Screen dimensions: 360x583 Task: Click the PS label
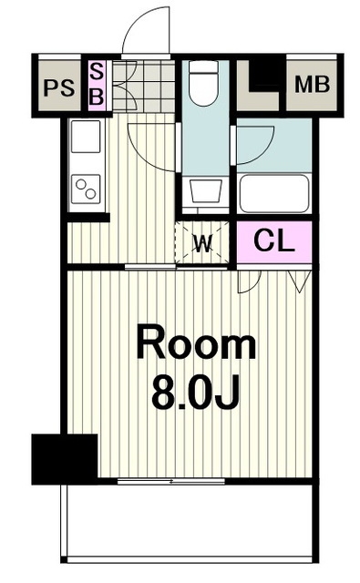point(59,88)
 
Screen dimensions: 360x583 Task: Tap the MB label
point(312,85)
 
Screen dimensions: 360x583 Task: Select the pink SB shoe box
point(97,85)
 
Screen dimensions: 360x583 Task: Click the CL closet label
point(274,240)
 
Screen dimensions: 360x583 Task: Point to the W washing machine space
point(203,243)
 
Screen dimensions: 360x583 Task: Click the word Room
point(196,343)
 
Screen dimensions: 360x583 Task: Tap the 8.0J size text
point(195,392)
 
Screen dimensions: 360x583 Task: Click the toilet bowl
point(203,83)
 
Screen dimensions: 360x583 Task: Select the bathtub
point(274,193)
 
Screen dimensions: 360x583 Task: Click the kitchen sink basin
point(86,136)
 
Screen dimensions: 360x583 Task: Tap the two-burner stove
point(86,189)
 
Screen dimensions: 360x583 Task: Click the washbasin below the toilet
point(205,191)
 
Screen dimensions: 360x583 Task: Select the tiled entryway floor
point(144,86)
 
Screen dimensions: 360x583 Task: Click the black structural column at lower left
point(65,459)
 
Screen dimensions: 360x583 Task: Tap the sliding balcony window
point(171,482)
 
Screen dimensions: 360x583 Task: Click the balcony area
point(190,521)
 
